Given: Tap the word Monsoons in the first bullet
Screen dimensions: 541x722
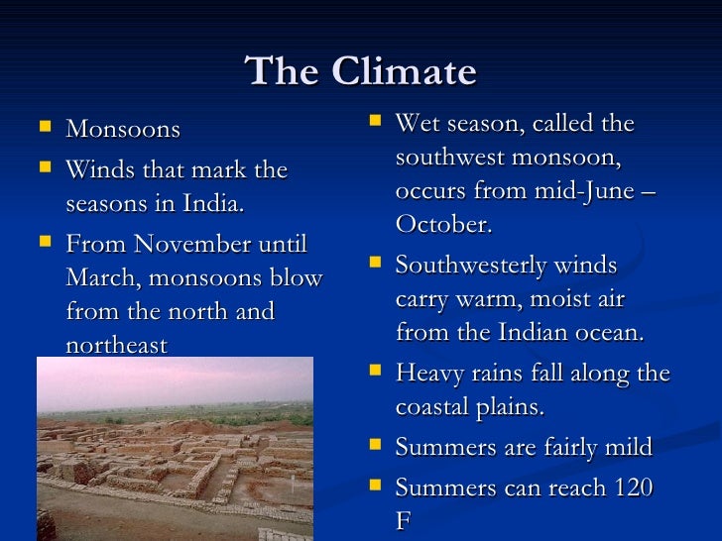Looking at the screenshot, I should pyautogui.click(x=123, y=130).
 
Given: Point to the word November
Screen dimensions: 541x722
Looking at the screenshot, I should pyautogui.click(x=191, y=244).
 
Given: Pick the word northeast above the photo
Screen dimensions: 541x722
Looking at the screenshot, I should pyautogui.click(x=117, y=345).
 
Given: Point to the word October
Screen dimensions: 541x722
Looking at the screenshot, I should pyautogui.click(x=443, y=224).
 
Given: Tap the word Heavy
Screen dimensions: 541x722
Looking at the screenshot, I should pyautogui.click(x=427, y=374).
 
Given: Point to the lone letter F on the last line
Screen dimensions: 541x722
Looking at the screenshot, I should pyautogui.click(x=403, y=521).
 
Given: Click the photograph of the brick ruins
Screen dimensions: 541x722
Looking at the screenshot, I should pyautogui.click(x=175, y=448).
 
